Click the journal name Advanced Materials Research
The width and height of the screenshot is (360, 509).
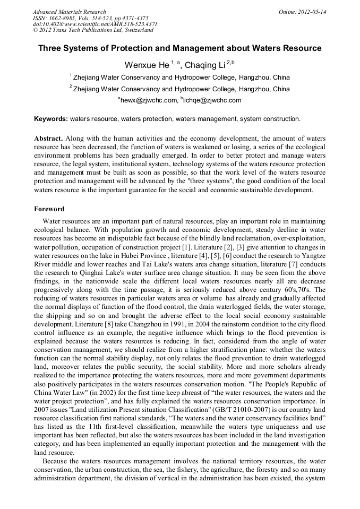69,12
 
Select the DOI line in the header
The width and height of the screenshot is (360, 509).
95,24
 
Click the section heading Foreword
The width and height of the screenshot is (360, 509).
49,209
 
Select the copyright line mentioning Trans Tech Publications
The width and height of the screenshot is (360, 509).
93,30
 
